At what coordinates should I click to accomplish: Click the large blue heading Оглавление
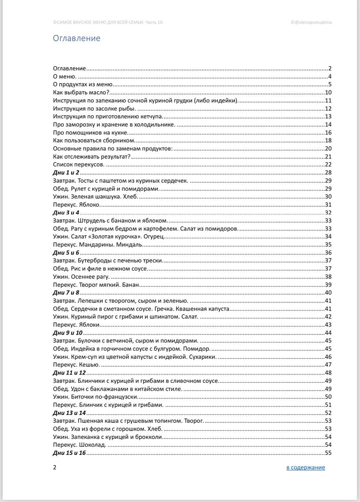pyautogui.click(x=76, y=38)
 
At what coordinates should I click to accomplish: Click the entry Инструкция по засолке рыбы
pyautogui.click(x=94, y=109)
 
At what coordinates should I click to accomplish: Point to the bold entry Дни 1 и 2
pyautogui.click(x=66, y=173)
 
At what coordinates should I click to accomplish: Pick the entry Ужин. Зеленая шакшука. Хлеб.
pyautogui.click(x=95, y=196)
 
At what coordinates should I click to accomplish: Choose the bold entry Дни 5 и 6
pyautogui.click(x=66, y=253)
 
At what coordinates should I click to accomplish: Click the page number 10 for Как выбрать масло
pyautogui.click(x=329, y=93)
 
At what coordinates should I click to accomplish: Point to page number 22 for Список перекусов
pyautogui.click(x=329, y=165)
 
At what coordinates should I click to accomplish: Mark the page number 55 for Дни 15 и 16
pyautogui.click(x=329, y=453)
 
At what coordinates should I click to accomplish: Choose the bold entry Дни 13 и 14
pyautogui.click(x=69, y=413)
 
